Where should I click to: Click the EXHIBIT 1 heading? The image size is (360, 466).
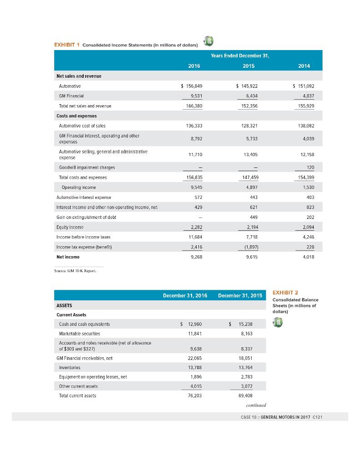(67, 45)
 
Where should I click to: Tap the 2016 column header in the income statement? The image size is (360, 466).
(194, 66)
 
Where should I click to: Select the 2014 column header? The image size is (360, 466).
(304, 66)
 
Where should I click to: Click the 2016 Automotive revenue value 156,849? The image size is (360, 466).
(194, 86)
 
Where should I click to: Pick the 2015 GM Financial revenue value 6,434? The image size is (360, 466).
(252, 96)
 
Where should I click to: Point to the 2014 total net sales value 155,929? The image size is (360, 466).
(306, 106)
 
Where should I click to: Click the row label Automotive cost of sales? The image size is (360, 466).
(82, 126)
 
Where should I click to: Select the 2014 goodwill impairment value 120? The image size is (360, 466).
(310, 167)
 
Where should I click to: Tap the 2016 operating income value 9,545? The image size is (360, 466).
(197, 187)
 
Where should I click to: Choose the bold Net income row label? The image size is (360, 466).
(68, 257)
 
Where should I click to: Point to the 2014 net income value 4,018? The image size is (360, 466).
(308, 257)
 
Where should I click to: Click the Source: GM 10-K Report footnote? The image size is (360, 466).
(75, 271)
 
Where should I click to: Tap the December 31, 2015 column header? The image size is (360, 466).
(240, 296)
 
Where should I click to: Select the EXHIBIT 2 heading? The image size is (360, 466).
(285, 293)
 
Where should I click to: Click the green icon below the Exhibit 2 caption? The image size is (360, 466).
(278, 323)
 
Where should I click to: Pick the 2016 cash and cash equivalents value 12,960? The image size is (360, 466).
(195, 324)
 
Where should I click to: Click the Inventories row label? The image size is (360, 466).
(70, 368)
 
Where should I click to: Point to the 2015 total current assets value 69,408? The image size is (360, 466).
(246, 396)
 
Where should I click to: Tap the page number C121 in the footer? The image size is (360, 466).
(318, 417)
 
